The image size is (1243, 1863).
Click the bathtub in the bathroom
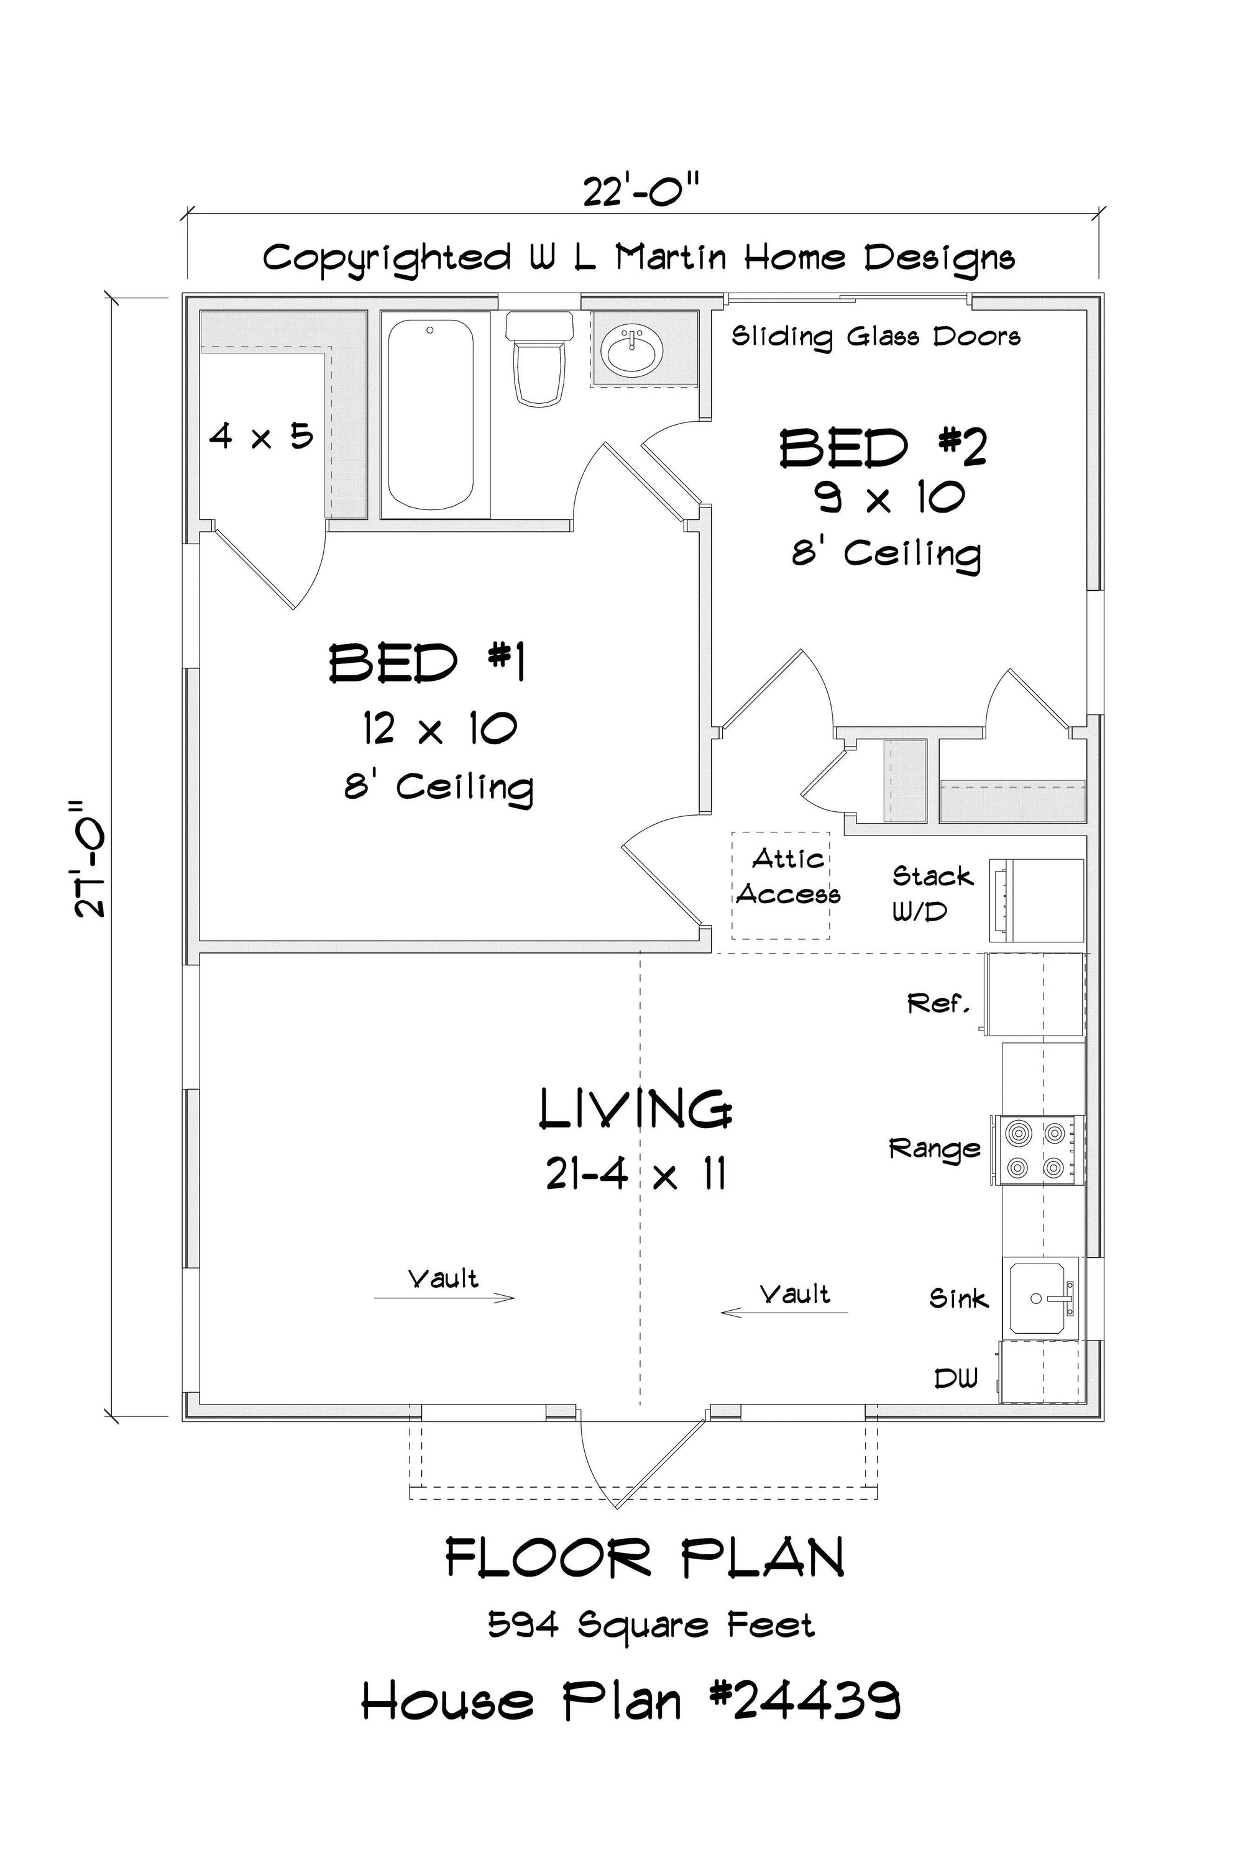pyautogui.click(x=431, y=414)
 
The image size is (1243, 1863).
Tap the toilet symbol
pyautogui.click(x=539, y=357)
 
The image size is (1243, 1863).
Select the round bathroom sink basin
pyautogui.click(x=630, y=348)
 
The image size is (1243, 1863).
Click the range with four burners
pyautogui.click(x=1035, y=1150)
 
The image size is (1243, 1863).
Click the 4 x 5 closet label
pyautogui.click(x=262, y=435)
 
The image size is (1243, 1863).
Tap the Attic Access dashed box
pyautogui.click(x=781, y=885)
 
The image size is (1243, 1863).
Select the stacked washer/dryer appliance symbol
pyautogui.click(x=1035, y=900)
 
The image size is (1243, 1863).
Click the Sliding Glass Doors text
pyautogui.click(x=876, y=337)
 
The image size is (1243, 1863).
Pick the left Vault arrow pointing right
pyautogui.click(x=444, y=1298)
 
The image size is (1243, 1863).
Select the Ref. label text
pyautogui.click(x=938, y=1004)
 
